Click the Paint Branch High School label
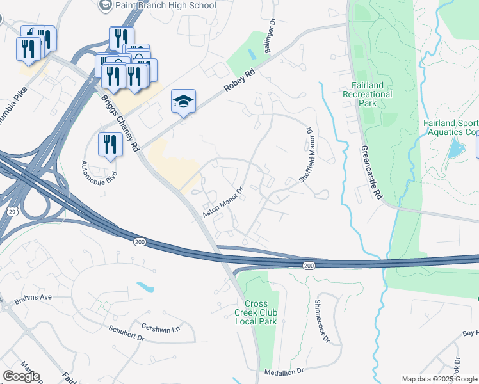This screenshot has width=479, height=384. coord(165,6)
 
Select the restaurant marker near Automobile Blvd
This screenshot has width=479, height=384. coord(110,145)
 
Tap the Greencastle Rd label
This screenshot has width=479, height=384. coord(371,173)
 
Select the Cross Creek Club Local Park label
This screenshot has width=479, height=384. coord(260,312)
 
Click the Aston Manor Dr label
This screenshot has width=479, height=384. coord(223,203)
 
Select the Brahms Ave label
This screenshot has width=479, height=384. coord(34,298)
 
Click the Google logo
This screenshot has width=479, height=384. coord(21,376)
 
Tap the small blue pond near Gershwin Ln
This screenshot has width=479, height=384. coord(145,287)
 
